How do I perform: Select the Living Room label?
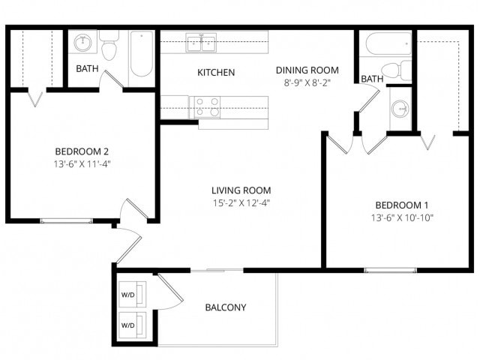[241, 190]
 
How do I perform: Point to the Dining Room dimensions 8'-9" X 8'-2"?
[308, 85]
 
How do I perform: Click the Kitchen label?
[216, 73]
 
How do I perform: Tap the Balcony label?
[226, 307]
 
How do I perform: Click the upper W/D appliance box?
[128, 295]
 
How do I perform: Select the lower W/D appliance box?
[128, 325]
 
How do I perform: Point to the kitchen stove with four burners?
[207, 107]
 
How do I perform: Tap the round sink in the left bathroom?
[82, 43]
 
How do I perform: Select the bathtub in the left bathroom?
[141, 57]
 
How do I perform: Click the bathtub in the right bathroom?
[385, 44]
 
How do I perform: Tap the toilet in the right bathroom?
[403, 70]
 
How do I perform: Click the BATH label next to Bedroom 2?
[87, 70]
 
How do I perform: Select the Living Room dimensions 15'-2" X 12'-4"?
[241, 202]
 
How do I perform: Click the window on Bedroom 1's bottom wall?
[390, 269]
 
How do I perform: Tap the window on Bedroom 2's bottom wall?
[66, 220]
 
